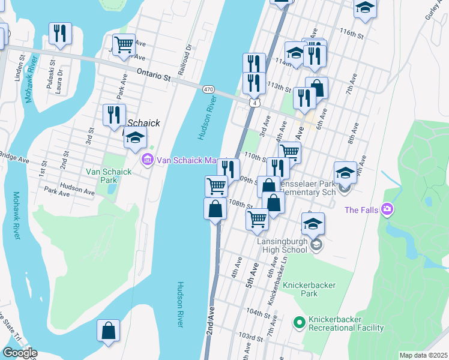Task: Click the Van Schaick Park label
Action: coord(109,175)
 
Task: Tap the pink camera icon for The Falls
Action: coord(388,209)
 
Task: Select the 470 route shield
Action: coord(208,89)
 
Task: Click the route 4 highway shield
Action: coord(255,104)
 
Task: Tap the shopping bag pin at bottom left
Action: coord(108,331)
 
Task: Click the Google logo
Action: coord(19,353)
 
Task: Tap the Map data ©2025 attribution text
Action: coord(424,355)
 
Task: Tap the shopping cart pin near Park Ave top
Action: coord(124,44)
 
